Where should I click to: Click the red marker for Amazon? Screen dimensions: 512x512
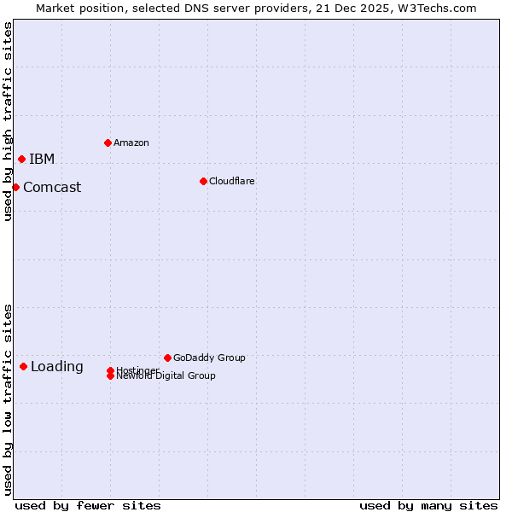[x=108, y=143]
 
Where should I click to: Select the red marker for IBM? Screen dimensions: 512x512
[x=21, y=159]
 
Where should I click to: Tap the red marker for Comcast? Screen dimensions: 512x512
[x=15, y=187]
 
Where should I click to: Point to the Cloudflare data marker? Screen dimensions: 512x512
[x=203, y=181]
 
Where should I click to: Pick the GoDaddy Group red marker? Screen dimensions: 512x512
[x=167, y=358]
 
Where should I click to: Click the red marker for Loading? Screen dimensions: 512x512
[x=23, y=366]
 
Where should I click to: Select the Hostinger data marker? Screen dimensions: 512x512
[x=110, y=370]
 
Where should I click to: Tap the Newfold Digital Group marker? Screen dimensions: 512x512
[x=110, y=376]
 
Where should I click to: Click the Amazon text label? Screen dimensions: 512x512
[x=131, y=143]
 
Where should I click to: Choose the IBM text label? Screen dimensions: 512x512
[x=42, y=160]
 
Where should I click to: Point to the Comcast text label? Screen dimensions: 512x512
[x=52, y=188]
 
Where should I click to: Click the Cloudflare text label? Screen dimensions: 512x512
[x=232, y=181]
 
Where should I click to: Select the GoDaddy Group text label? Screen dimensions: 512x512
[x=209, y=358]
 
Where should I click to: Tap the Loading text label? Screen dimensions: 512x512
[x=57, y=367]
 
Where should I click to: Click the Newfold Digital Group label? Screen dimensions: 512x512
[x=166, y=376]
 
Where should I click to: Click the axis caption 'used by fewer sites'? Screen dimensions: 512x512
[x=88, y=506]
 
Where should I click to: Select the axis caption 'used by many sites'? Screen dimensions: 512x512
[x=428, y=506]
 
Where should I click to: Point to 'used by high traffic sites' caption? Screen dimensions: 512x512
[x=8, y=121]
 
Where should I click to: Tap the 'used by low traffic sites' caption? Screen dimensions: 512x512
[x=8, y=399]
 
